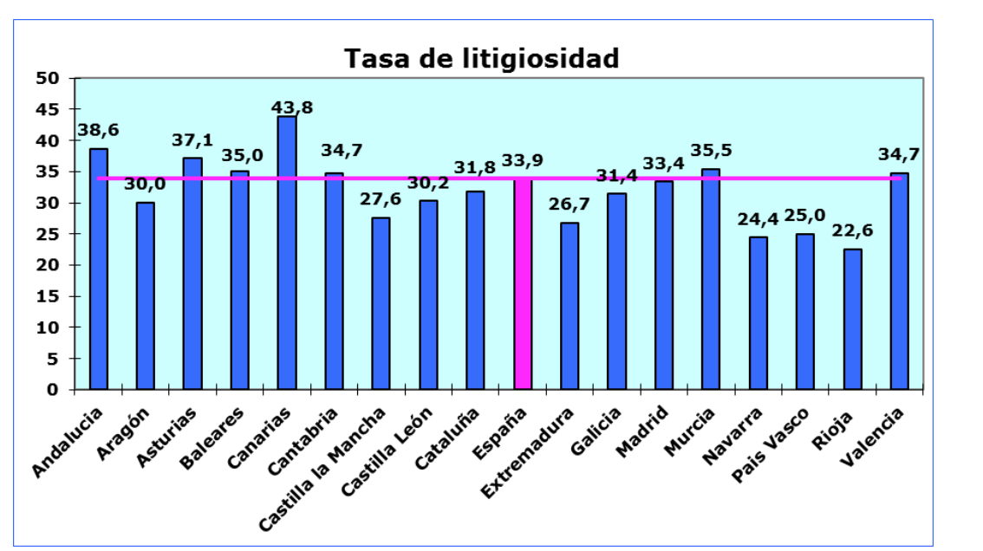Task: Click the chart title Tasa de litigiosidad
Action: pyautogui.click(x=482, y=59)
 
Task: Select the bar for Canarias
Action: pyautogui.click(x=287, y=253)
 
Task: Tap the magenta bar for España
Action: pyautogui.click(x=523, y=284)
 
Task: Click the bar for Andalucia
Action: pyautogui.click(x=99, y=269)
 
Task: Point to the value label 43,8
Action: pyautogui.click(x=293, y=107)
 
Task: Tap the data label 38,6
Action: pyautogui.click(x=99, y=131)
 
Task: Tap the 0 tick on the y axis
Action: pyautogui.click(x=54, y=390)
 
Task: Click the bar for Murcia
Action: pyautogui.click(x=711, y=279)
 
